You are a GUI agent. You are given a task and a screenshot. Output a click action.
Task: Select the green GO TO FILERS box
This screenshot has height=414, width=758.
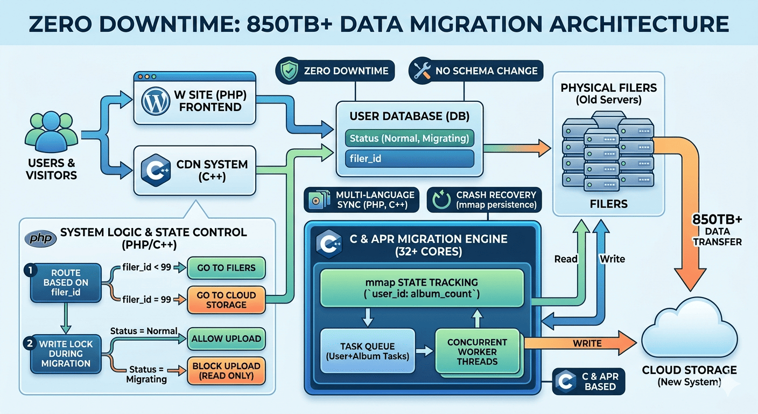point(226,267)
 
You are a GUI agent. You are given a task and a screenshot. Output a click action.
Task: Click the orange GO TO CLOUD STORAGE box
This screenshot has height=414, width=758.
point(226,299)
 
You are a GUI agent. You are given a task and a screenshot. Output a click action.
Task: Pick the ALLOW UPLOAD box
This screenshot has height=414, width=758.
point(226,339)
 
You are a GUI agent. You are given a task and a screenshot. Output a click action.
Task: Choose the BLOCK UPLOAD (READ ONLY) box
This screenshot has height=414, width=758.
point(226,370)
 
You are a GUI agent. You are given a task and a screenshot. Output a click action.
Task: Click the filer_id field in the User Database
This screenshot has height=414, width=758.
point(409,159)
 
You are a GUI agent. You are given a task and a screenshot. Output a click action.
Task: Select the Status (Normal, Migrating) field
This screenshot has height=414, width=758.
point(409,138)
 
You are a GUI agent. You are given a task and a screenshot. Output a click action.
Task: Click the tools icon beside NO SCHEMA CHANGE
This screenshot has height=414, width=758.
point(421,71)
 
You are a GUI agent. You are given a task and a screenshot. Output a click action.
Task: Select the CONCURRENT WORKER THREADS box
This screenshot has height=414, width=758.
point(478,351)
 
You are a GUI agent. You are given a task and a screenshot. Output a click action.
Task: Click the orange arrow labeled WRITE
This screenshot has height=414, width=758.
point(581,342)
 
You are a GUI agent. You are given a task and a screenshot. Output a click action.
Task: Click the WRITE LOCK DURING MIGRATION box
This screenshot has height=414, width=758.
point(66,354)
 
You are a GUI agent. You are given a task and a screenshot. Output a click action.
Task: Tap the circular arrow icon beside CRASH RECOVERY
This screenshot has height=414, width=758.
point(440,200)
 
